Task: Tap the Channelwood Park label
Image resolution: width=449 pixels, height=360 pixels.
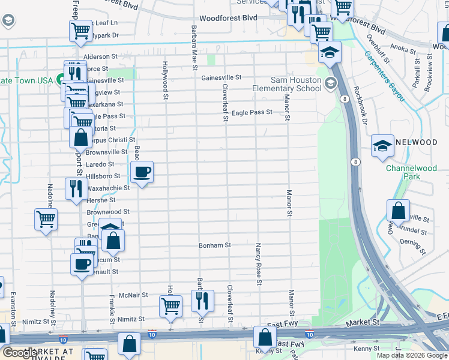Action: point(411,173)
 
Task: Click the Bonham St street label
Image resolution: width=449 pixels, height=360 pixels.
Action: point(215,245)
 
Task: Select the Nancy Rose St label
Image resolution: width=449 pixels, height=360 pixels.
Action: point(259,264)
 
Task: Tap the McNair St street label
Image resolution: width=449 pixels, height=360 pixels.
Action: point(133,295)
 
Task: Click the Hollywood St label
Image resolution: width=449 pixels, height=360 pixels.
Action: point(164,77)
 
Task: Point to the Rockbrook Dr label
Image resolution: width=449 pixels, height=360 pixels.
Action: point(360,107)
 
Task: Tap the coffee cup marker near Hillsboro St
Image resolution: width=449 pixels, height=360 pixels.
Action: point(142,172)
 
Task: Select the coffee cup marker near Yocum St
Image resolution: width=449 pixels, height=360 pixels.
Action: point(82,263)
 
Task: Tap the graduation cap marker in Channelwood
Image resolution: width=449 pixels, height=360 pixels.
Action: point(382,146)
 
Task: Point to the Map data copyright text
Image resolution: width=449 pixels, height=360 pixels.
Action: point(411,355)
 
